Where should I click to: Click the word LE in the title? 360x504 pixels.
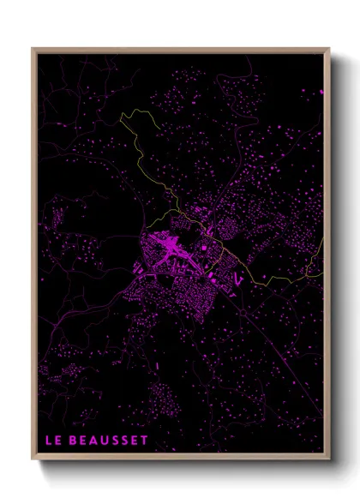click(x=53, y=440)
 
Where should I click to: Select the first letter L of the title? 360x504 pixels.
click(x=49, y=440)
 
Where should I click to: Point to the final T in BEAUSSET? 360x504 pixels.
click(x=145, y=440)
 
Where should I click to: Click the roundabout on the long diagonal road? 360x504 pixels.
click(x=243, y=315)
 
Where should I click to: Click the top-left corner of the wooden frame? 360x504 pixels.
click(x=33, y=49)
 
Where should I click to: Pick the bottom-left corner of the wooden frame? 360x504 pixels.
click(x=33, y=460)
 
